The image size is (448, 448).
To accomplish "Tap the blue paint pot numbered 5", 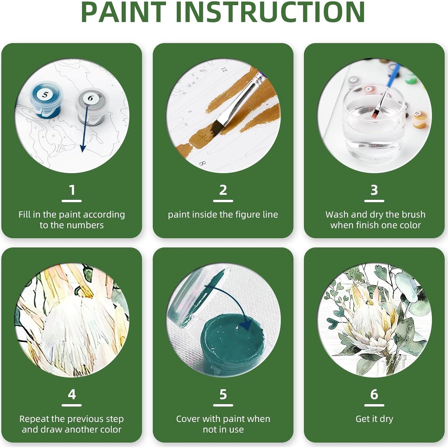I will tap(45, 100).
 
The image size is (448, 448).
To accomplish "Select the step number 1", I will tap(72, 190).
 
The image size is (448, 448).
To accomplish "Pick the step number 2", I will tap(223, 190).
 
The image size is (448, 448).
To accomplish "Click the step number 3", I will tap(374, 190).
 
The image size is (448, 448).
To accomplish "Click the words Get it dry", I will tap(374, 419).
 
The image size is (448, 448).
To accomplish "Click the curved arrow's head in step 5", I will tap(246, 325).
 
